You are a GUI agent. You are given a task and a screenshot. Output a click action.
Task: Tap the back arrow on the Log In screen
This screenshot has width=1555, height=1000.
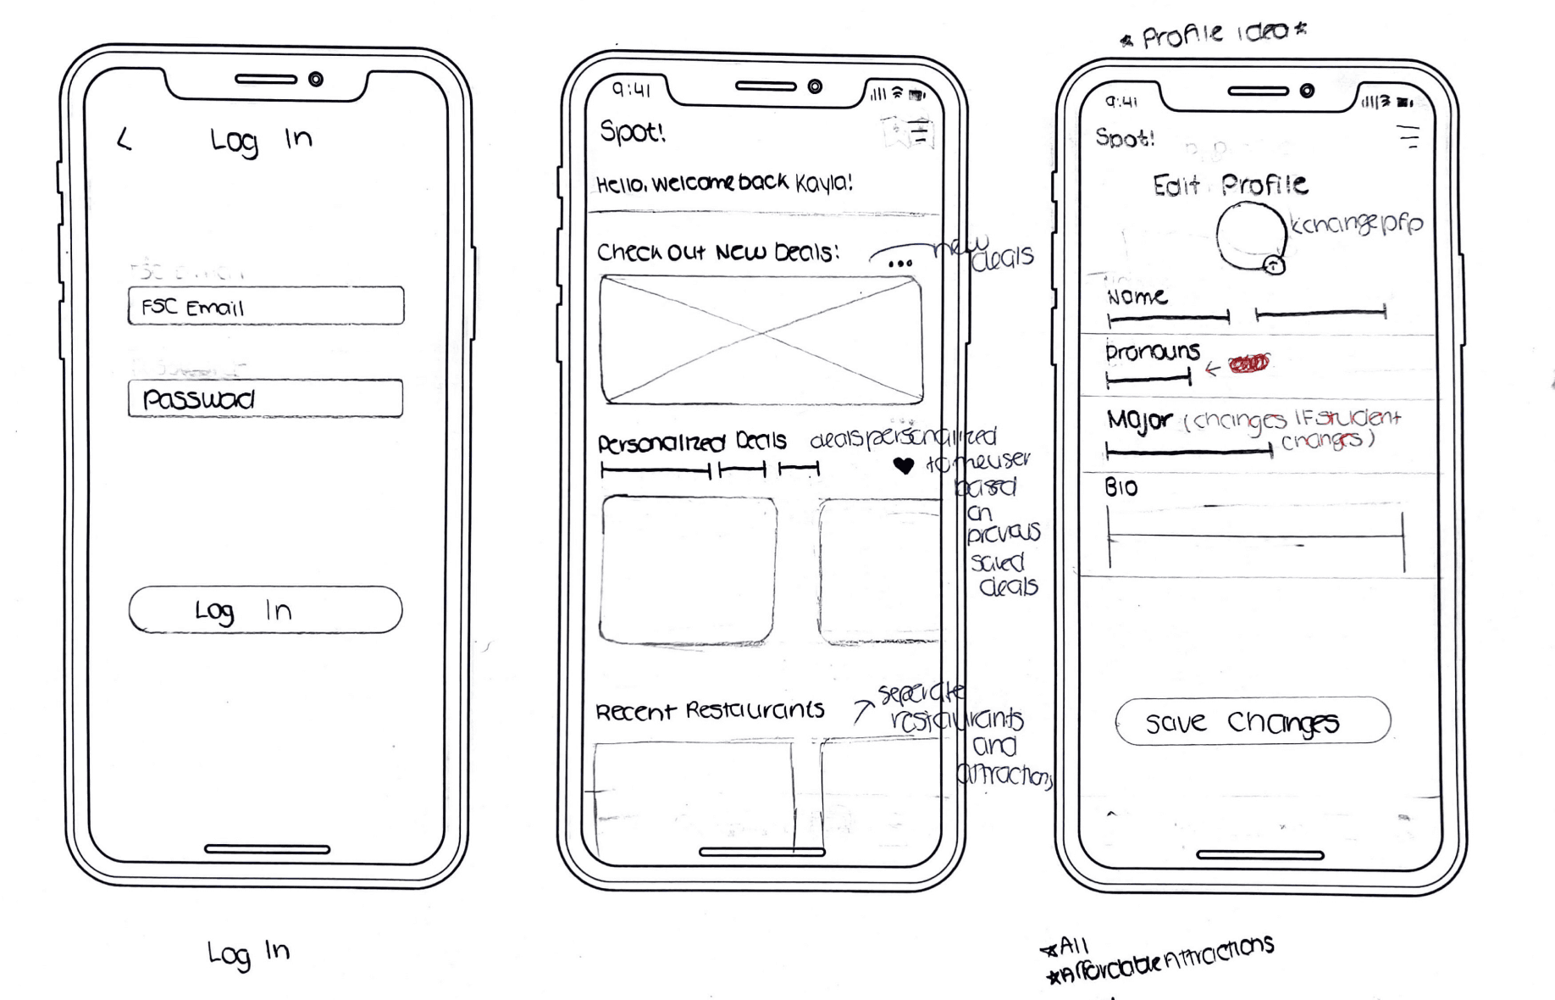125,139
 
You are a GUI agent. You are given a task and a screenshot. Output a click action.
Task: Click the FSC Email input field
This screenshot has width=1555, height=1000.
266,306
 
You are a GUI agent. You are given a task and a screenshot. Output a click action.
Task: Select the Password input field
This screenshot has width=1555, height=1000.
265,398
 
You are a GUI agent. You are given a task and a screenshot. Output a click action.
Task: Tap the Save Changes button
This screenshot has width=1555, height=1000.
1253,721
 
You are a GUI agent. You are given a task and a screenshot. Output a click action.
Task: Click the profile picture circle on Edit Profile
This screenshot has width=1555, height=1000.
1250,236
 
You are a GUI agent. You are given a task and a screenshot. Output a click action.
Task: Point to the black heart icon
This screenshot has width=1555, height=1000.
904,465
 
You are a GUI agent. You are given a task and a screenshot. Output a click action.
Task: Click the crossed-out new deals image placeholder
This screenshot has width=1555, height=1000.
761,339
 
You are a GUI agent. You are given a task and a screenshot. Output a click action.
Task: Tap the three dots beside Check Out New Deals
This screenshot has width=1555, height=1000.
900,264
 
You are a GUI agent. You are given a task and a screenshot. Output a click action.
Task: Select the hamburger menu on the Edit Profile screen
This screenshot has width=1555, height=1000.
1408,136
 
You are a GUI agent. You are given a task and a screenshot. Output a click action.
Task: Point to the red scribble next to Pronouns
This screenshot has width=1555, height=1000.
1249,364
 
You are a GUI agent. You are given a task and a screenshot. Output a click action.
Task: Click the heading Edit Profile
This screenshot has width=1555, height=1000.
1230,185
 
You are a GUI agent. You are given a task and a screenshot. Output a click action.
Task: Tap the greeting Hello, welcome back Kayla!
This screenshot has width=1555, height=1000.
724,183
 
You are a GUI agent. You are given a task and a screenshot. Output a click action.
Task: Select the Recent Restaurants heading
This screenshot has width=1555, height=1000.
710,710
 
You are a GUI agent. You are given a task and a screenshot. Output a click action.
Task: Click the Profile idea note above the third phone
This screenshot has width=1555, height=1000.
1214,34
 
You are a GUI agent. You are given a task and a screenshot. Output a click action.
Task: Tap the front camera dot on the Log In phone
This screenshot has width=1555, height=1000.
316,80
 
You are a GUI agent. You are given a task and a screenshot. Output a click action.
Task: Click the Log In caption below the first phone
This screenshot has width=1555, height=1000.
248,953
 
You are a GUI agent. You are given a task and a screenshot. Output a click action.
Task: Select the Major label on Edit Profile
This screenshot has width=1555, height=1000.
1139,420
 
